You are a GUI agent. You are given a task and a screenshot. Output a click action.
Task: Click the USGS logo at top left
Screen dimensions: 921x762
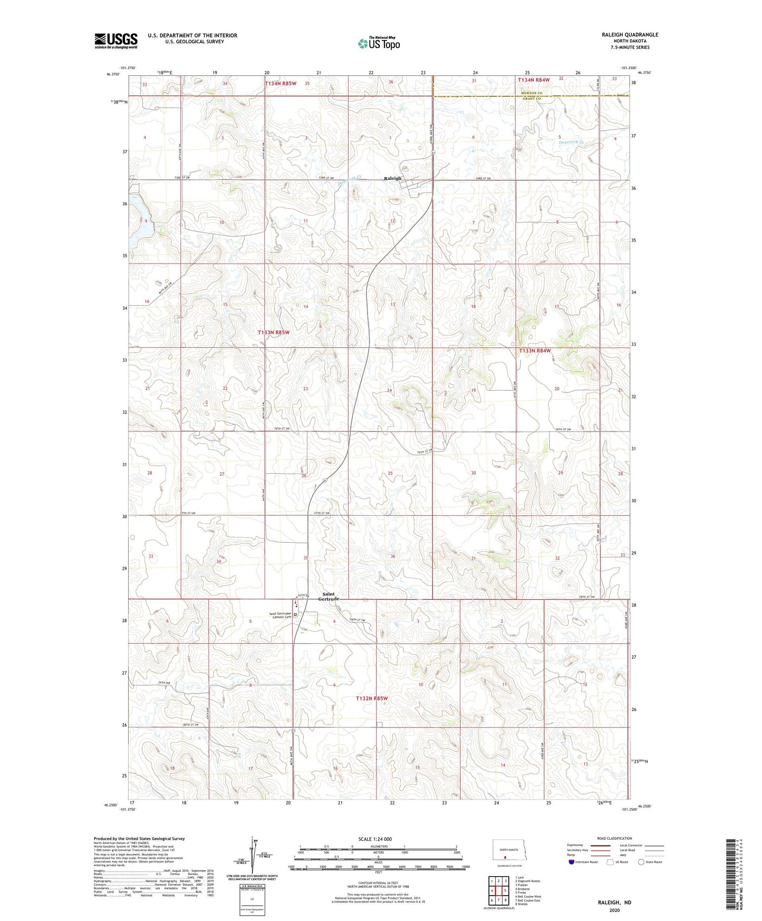tap(116, 41)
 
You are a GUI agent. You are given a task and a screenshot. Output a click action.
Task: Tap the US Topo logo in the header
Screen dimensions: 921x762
tap(378, 43)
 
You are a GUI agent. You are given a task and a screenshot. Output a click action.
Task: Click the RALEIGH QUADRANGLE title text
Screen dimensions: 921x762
tap(630, 35)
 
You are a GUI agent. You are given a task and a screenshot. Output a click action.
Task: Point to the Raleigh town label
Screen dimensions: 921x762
tap(392, 178)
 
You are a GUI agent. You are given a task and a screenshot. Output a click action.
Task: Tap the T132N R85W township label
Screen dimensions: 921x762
tap(371, 698)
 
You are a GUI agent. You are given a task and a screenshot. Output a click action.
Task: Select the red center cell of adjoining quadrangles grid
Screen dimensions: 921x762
tap(498, 891)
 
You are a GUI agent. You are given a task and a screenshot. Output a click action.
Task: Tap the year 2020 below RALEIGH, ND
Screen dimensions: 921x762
tap(614, 910)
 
